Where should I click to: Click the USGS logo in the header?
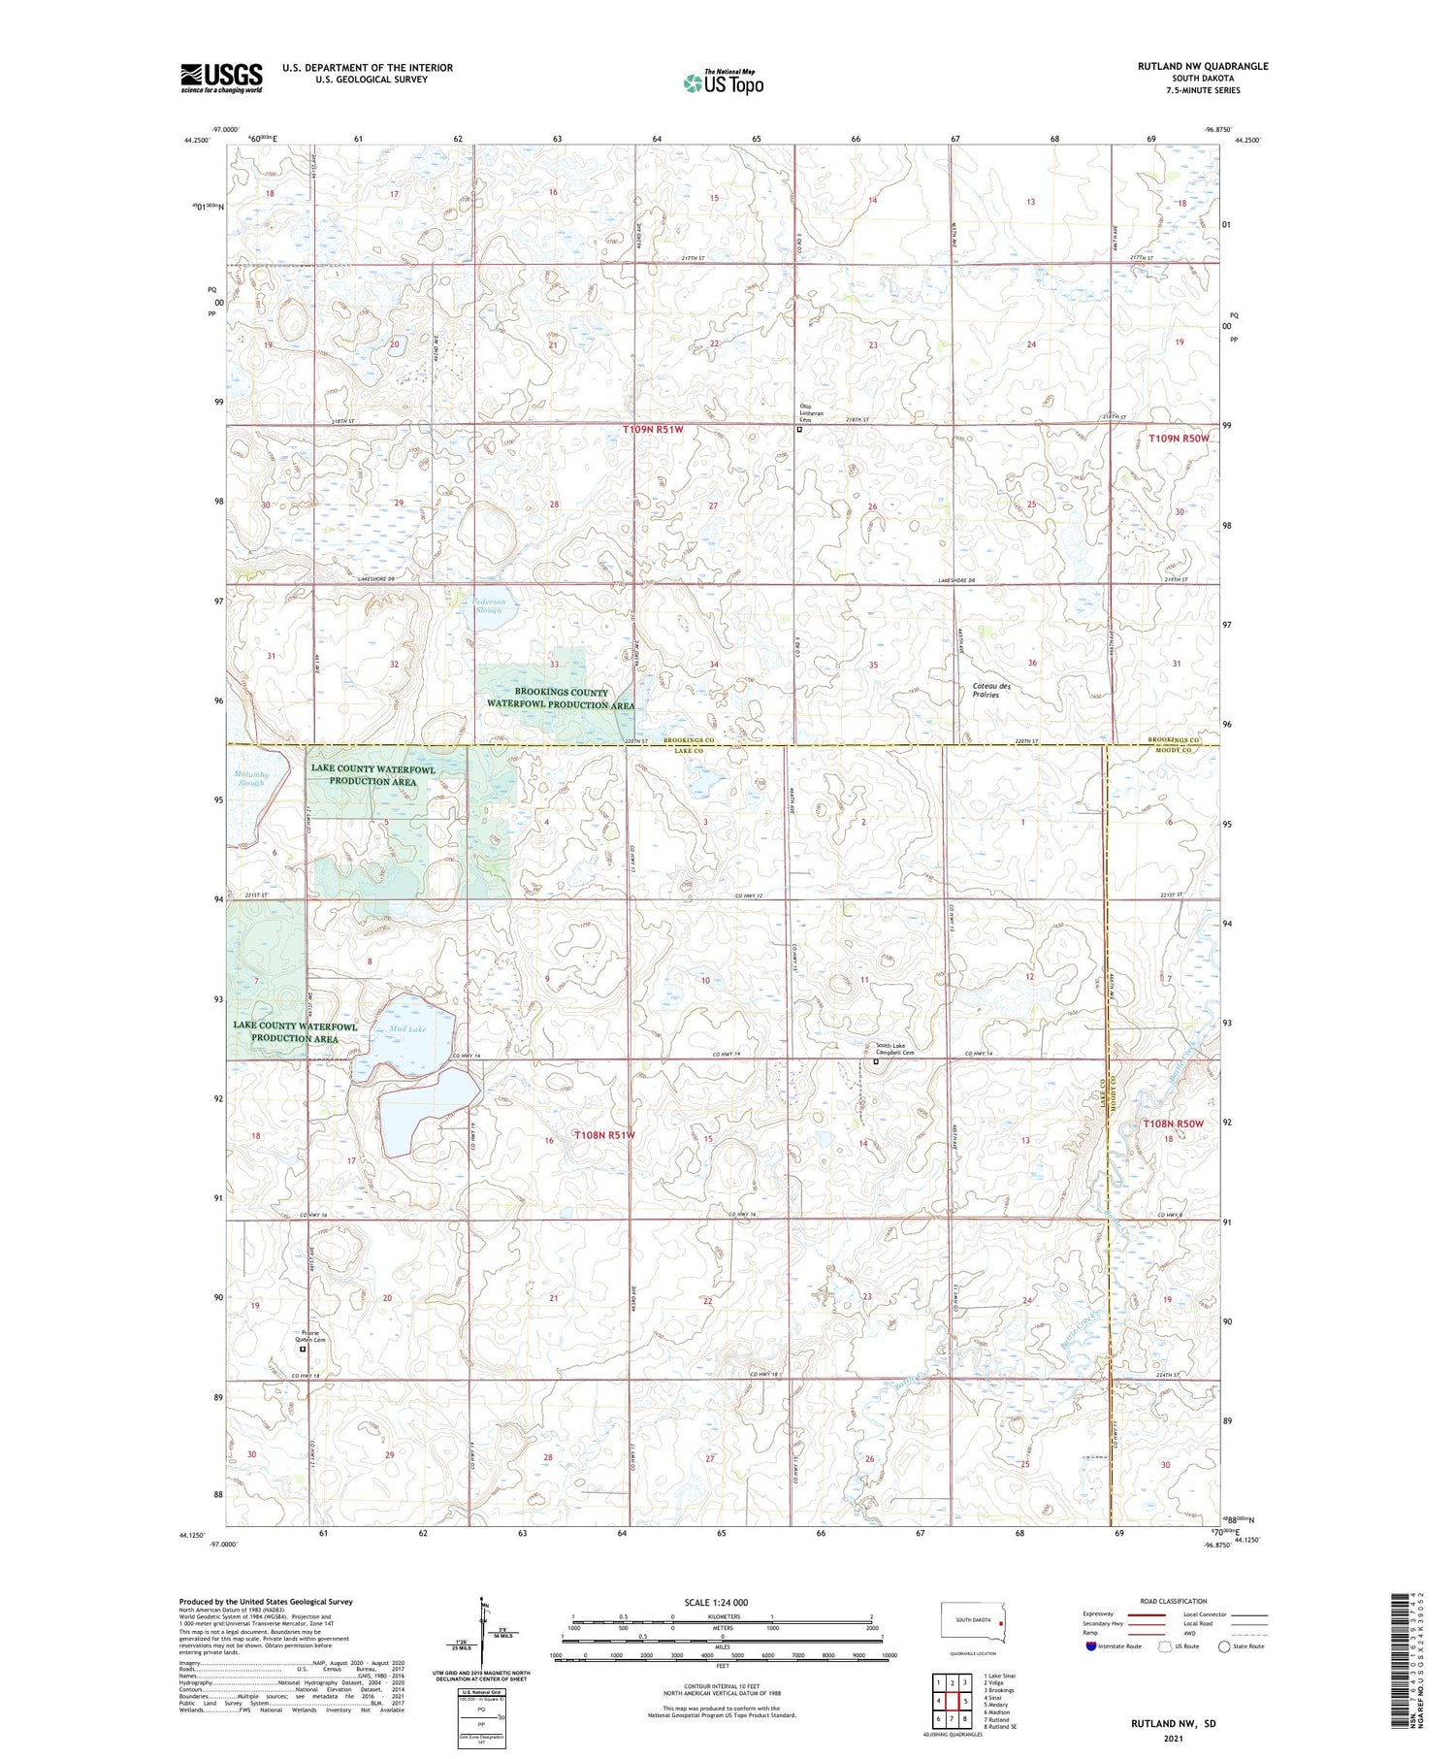221,78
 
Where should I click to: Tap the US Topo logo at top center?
723,83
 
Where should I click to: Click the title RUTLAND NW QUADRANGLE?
1203,66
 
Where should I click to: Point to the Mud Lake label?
407,1028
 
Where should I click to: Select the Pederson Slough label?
488,605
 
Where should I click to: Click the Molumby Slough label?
248,778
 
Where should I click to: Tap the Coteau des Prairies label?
991,690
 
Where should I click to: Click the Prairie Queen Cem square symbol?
303,1349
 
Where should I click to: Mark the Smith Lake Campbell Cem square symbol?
876,1061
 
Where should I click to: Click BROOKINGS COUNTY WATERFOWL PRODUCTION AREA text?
562,699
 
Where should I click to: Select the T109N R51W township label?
660,428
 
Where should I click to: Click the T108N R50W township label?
1173,1124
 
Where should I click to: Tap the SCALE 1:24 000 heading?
716,1602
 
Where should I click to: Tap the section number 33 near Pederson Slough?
554,665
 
